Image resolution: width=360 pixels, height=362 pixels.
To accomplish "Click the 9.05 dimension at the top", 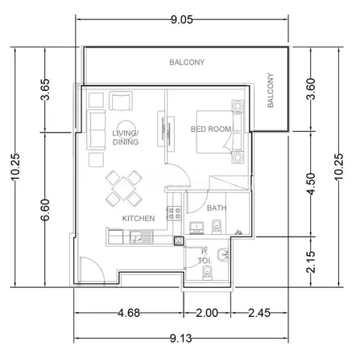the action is (182, 19).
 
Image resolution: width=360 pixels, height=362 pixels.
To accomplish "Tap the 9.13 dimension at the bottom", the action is (181, 339).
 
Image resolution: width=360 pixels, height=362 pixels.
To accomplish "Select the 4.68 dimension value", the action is (129, 313).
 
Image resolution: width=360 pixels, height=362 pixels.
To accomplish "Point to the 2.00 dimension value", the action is (207, 313).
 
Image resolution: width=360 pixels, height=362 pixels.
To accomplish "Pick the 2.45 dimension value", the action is (259, 313).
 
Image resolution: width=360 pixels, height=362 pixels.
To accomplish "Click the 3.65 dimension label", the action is (45, 89).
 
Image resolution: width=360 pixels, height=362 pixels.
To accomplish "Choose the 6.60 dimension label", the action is (45, 210).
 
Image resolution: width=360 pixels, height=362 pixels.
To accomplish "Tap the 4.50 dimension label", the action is (311, 184).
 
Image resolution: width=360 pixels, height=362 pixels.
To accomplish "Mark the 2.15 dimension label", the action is (311, 262).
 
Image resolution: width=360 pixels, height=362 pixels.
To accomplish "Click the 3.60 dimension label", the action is (311, 88).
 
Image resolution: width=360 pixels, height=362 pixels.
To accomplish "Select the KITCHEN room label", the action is (139, 219).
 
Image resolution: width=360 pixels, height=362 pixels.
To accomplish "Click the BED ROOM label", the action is (211, 130).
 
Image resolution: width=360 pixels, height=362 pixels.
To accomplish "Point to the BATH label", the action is (217, 208).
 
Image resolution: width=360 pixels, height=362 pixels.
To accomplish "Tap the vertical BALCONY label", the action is (271, 90).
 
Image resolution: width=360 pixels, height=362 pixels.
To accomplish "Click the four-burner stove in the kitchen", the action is (175, 213).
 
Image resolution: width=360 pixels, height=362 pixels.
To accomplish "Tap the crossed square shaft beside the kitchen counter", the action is (178, 241).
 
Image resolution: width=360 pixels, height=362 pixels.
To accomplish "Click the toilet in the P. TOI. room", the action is (207, 273).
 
